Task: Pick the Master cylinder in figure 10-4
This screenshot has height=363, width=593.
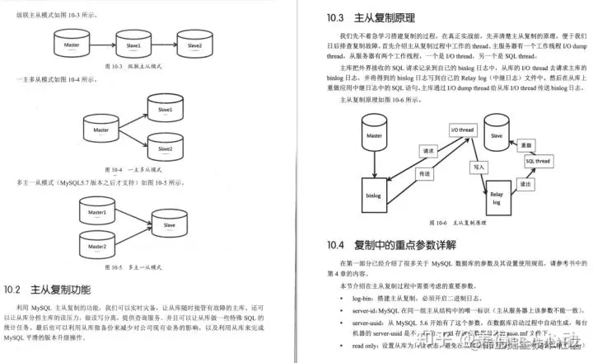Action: click(101, 130)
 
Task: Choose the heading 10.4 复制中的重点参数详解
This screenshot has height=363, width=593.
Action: click(398, 244)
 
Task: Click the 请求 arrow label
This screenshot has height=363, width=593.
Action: click(427, 152)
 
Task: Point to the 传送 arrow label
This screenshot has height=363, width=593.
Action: click(425, 174)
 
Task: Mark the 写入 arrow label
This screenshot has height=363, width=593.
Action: click(475, 166)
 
